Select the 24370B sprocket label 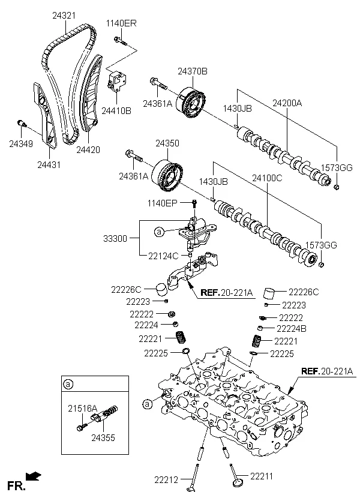pyautogui.click(x=192, y=71)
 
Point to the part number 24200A pyautogui.click(x=286, y=103)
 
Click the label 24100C pyautogui.click(x=268, y=178)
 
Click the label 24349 pyautogui.click(x=21, y=143)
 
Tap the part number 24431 pyautogui.click(x=49, y=164)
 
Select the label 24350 pyautogui.click(x=168, y=144)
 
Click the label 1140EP pyautogui.click(x=164, y=204)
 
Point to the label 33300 pyautogui.click(x=115, y=238)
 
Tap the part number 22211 pyautogui.click(x=262, y=476)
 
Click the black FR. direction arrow pyautogui.click(x=35, y=477)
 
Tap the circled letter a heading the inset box pyautogui.click(x=68, y=383)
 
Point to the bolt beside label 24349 pyautogui.click(x=22, y=124)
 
